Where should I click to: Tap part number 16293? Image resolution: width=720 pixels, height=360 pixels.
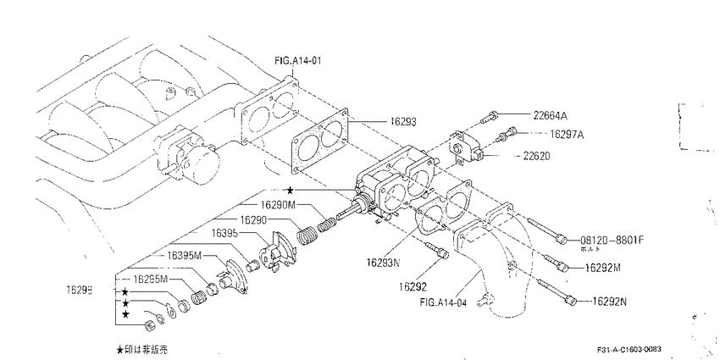pos(403,122)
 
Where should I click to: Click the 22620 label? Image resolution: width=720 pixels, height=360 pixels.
pos(536,156)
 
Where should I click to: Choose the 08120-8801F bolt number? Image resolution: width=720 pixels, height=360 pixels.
pos(612,241)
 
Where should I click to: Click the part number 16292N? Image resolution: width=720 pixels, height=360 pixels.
pos(609,302)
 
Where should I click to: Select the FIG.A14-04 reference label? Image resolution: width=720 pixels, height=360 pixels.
pos(443,302)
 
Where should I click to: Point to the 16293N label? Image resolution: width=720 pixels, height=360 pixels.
pos(384,263)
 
